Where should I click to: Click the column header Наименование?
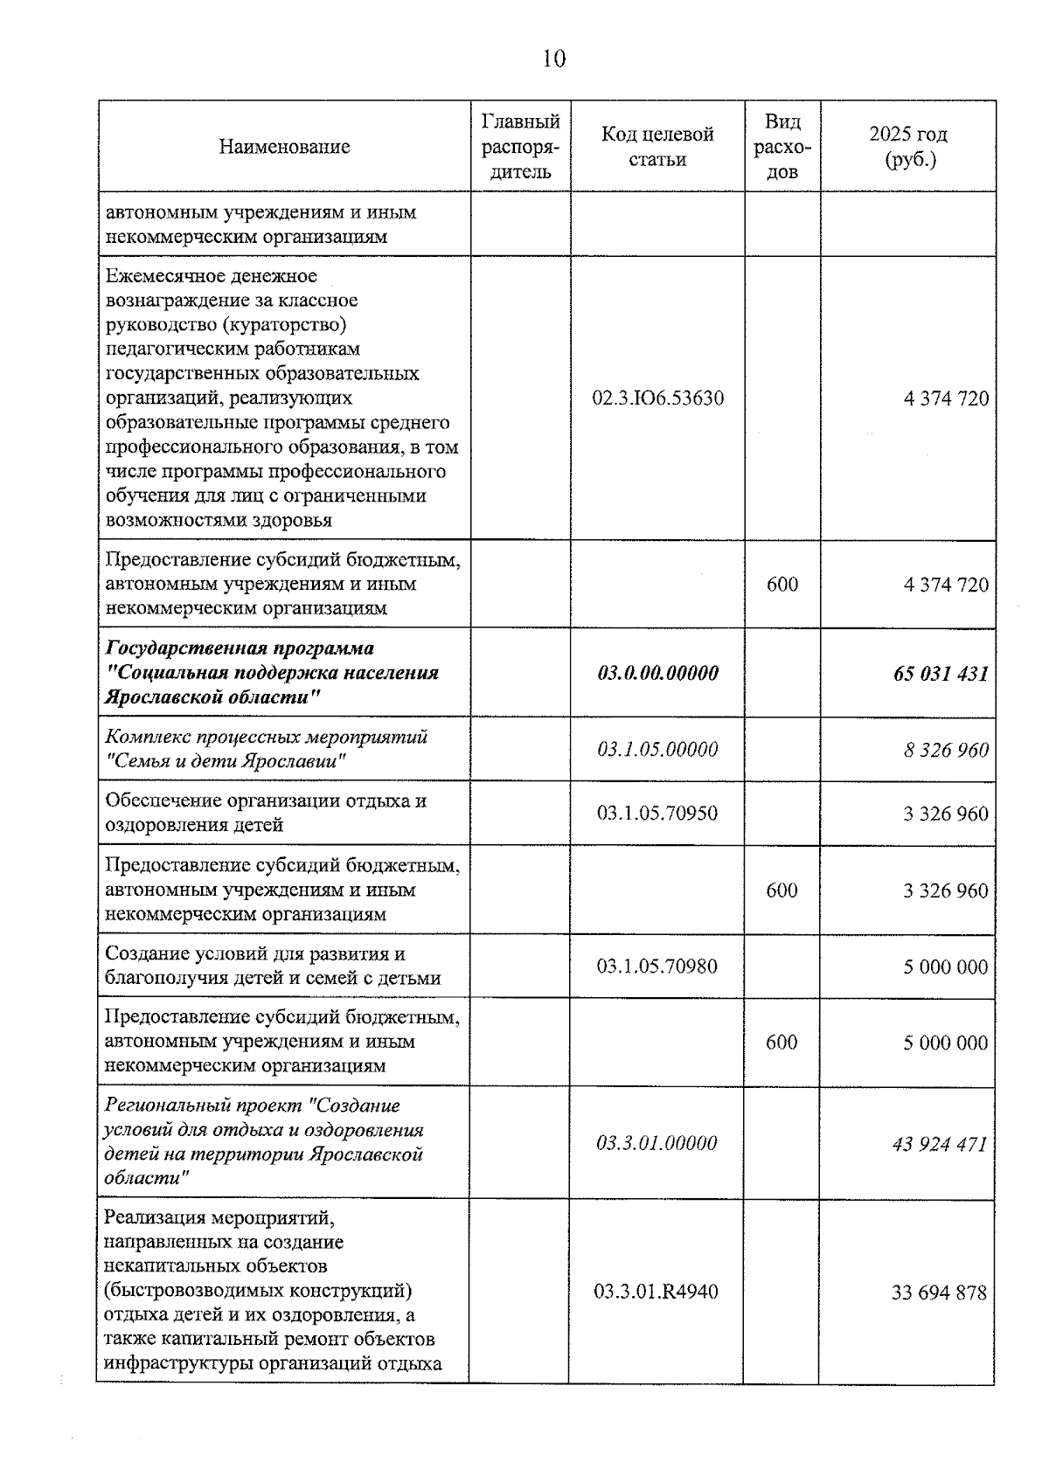click(284, 147)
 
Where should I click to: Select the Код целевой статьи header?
click(657, 147)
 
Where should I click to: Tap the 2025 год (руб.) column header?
click(907, 147)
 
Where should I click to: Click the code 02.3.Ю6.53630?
click(657, 398)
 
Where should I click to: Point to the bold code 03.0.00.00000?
click(657, 673)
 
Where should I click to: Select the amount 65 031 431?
click(941, 674)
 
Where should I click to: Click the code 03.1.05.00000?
click(657, 749)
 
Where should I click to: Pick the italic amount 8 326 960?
click(946, 750)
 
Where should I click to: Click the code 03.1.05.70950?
click(657, 814)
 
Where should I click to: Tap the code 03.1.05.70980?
click(657, 966)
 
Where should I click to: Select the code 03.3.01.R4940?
click(656, 1292)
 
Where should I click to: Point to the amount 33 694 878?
click(939, 1292)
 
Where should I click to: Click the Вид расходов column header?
click(782, 147)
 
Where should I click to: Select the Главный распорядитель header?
click(521, 147)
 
